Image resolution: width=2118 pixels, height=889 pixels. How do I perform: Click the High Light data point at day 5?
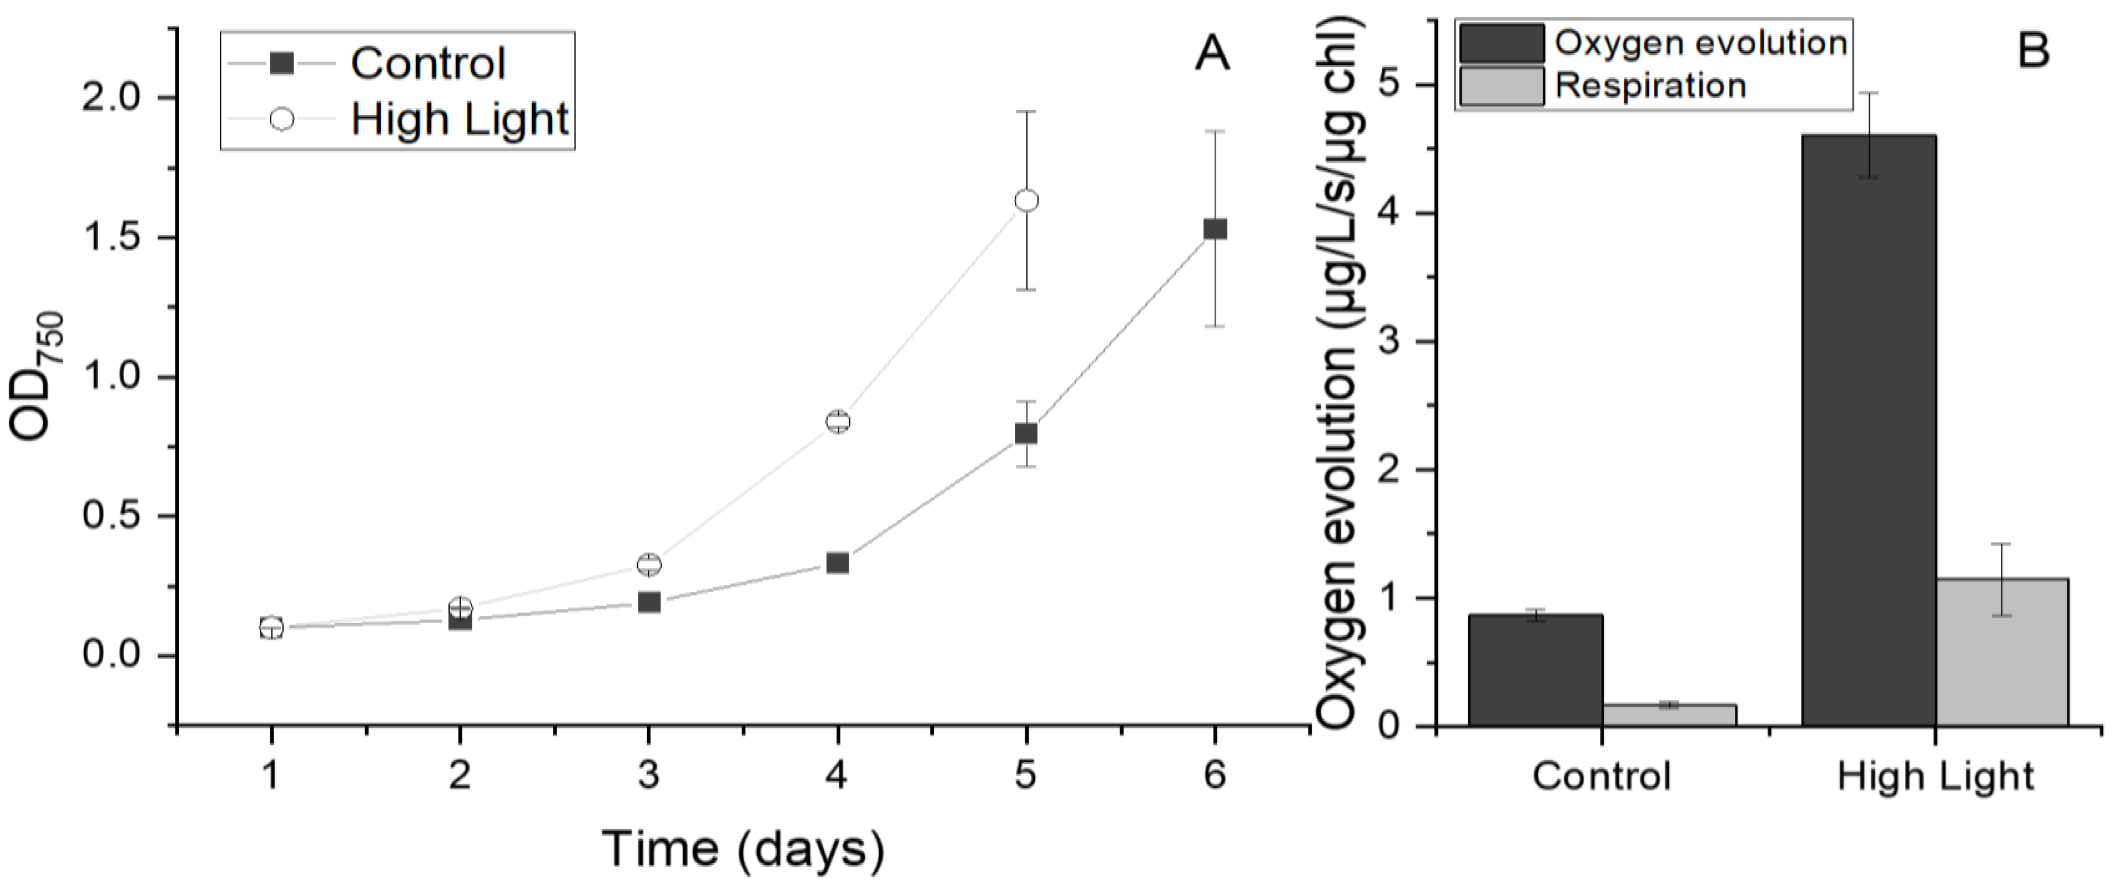pyautogui.click(x=1026, y=201)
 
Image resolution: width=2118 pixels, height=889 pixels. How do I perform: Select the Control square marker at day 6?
pyautogui.click(x=1214, y=229)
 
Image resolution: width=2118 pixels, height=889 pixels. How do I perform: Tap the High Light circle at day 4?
pyautogui.click(x=837, y=422)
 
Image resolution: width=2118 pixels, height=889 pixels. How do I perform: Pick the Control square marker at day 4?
pyautogui.click(x=837, y=563)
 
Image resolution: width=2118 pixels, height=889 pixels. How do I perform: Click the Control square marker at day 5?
pyautogui.click(x=1026, y=433)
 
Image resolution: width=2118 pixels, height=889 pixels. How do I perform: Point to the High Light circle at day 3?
pyautogui.click(x=649, y=564)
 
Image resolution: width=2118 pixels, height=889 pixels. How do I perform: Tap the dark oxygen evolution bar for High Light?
pyautogui.click(x=1868, y=428)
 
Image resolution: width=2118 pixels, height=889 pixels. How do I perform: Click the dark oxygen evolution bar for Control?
pyautogui.click(x=1535, y=669)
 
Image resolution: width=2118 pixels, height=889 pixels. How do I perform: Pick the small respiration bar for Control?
pyautogui.click(x=1669, y=715)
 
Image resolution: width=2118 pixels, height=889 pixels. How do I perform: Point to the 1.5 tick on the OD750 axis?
pyautogui.click(x=124, y=238)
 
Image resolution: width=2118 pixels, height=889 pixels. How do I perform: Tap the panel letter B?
pyautogui.click(x=2033, y=52)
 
